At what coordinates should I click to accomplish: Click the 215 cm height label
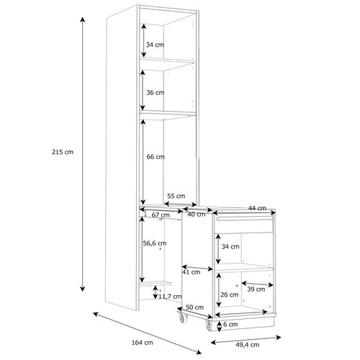[63, 152]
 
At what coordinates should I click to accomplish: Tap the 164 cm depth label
[143, 343]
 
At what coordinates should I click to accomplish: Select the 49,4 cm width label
[248, 345]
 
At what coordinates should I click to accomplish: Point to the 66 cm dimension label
[156, 157]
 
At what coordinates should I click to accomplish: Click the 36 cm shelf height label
[156, 92]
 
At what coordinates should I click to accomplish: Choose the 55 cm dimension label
[176, 196]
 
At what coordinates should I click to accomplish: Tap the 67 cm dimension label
[161, 215]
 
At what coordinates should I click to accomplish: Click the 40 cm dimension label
[197, 215]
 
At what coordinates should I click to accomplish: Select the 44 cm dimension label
[257, 208]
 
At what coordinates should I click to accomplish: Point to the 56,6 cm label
[155, 243]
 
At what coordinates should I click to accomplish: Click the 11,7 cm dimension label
[170, 297]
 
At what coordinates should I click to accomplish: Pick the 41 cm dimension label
[191, 272]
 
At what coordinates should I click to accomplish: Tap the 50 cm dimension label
[194, 307]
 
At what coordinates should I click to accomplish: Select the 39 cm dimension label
[256, 289]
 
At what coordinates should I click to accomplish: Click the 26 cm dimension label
[230, 294]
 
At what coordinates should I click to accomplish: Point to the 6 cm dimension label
[230, 325]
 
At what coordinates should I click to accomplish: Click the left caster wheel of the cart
[183, 318]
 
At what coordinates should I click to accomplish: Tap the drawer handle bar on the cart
[245, 218]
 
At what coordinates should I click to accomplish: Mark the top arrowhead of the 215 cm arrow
[83, 19]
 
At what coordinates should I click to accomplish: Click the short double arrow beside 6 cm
[219, 326]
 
